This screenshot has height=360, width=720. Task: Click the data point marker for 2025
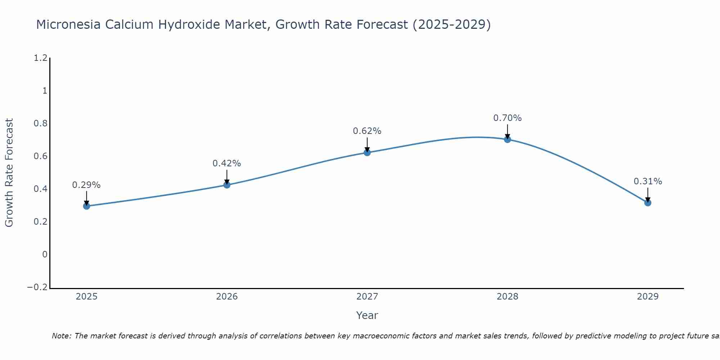pyautogui.click(x=86, y=206)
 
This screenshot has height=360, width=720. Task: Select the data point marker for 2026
pyautogui.click(x=227, y=185)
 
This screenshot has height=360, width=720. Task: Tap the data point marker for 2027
pyautogui.click(x=367, y=152)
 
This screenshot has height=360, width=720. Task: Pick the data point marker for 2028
pyautogui.click(x=507, y=139)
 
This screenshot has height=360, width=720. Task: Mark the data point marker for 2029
pyautogui.click(x=648, y=203)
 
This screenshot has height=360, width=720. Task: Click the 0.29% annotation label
pyautogui.click(x=86, y=185)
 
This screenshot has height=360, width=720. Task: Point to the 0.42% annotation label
pyautogui.click(x=227, y=163)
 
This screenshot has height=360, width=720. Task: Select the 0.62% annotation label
pyautogui.click(x=367, y=131)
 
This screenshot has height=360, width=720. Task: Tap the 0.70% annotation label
pyautogui.click(x=507, y=118)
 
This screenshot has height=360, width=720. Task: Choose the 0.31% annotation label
pyautogui.click(x=648, y=181)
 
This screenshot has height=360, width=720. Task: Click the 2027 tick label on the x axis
pyautogui.click(x=367, y=297)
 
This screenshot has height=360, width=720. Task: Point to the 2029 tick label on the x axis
pyautogui.click(x=648, y=297)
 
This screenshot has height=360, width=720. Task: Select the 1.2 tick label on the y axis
pyautogui.click(x=40, y=58)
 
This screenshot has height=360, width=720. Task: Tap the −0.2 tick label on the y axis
pyautogui.click(x=37, y=287)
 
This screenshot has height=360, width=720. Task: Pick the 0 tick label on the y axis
pyautogui.click(x=45, y=255)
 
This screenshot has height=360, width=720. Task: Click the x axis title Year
pyautogui.click(x=367, y=315)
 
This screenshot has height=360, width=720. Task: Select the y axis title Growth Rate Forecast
pyautogui.click(x=9, y=173)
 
